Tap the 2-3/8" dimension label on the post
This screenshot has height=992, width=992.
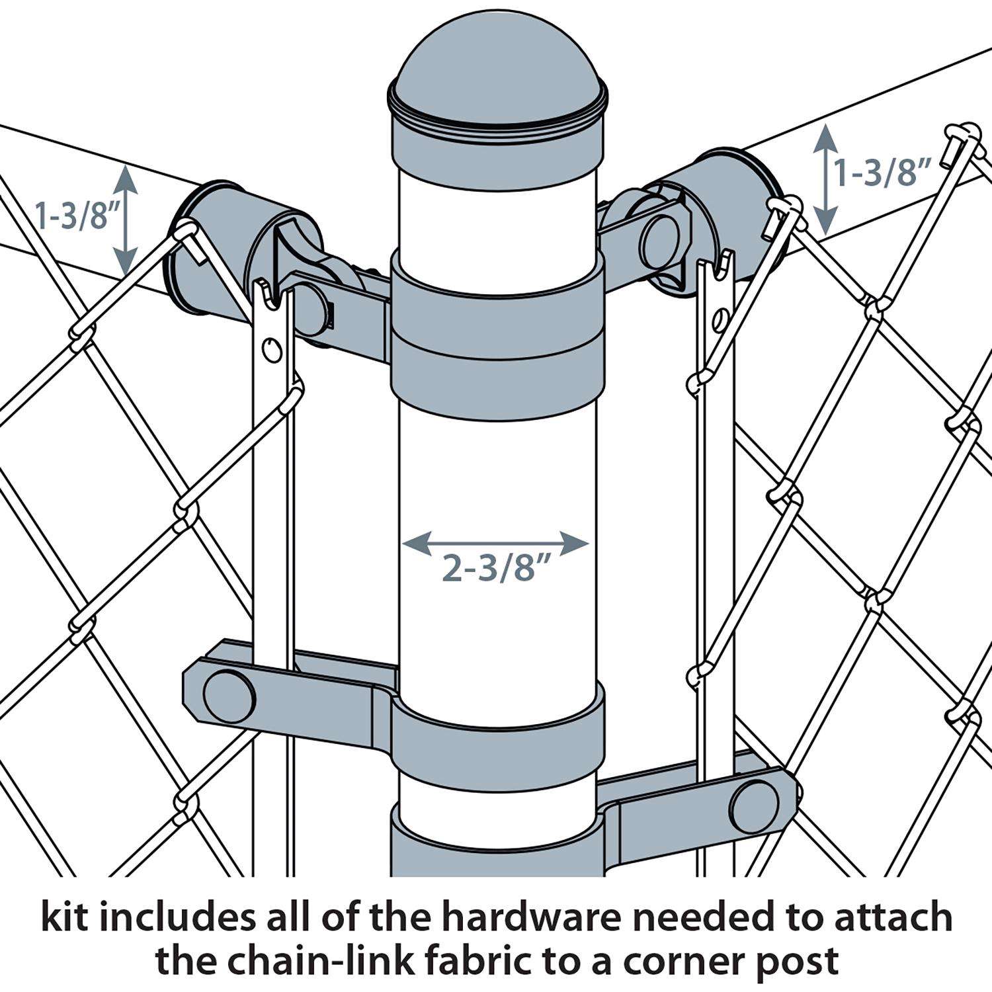tap(497, 567)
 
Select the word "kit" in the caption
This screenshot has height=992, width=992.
tap(65, 919)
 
